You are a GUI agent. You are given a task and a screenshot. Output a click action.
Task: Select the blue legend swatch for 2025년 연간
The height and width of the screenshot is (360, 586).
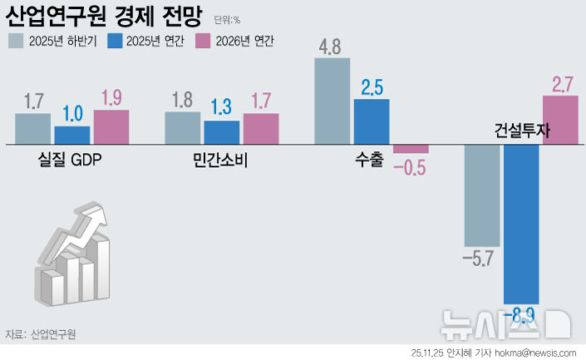[112, 41]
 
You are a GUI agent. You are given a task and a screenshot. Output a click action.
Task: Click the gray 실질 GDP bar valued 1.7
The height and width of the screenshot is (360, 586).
[33, 129]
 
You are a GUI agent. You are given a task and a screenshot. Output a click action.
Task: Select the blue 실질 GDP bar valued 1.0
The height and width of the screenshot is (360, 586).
[72, 136]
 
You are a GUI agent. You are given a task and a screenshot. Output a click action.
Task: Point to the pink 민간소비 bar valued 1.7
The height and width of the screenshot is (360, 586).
[261, 129]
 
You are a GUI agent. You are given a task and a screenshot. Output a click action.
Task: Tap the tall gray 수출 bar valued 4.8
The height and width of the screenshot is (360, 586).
[332, 101]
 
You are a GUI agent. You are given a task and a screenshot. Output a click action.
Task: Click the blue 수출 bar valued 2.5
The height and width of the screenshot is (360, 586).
[372, 122]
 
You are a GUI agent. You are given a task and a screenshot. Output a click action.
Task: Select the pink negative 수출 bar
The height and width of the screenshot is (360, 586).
[411, 149]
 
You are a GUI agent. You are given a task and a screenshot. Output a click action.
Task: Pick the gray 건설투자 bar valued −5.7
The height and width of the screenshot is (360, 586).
[481, 195]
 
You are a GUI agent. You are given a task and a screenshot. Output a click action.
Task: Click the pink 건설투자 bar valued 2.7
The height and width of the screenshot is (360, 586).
[559, 120]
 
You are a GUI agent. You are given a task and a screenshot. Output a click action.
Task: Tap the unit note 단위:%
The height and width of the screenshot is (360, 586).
[227, 19]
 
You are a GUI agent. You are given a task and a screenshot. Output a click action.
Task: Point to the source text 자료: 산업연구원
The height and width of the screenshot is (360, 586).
[42, 334]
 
